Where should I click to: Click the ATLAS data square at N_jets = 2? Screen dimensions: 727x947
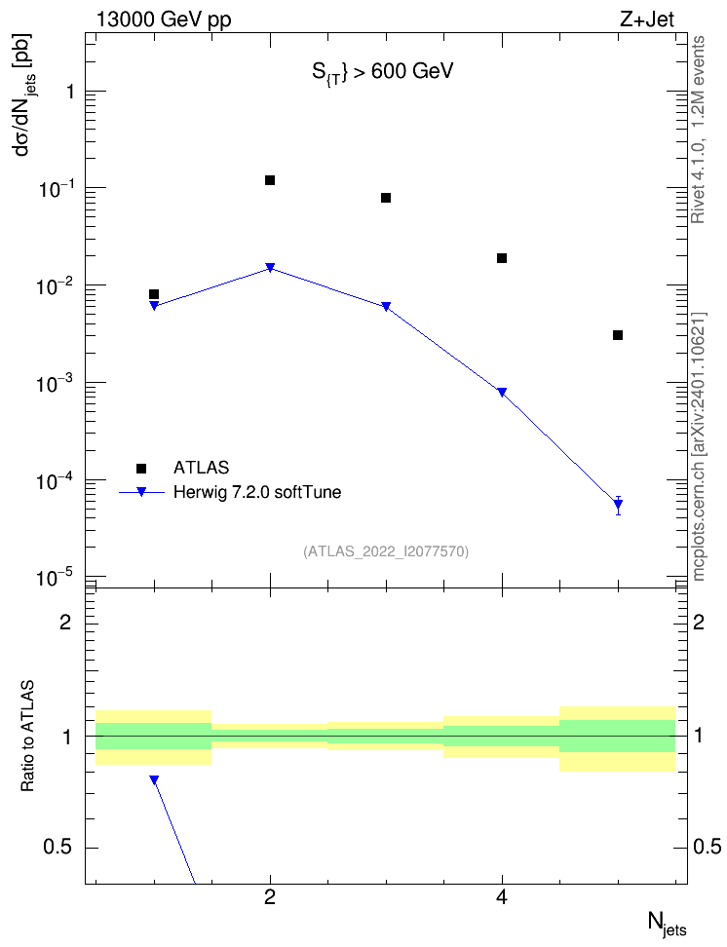click(270, 180)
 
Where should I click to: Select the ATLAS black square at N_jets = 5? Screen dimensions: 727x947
click(618, 335)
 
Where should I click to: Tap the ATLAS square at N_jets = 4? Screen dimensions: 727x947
click(502, 258)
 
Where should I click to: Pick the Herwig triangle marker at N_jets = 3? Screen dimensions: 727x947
click(386, 307)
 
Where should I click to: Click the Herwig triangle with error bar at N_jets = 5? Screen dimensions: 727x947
click(618, 505)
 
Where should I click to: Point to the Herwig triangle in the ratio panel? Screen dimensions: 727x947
click(154, 779)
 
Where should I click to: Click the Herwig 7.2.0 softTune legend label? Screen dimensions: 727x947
click(257, 492)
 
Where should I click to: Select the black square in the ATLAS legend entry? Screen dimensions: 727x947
click(141, 468)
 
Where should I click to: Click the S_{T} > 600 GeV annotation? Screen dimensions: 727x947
click(383, 72)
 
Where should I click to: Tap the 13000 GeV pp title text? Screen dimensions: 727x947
click(164, 19)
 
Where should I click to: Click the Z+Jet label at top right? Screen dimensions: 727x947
click(647, 19)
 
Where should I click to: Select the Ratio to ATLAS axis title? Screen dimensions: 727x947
click(27, 736)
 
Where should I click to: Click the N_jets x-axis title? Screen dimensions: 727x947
click(668, 924)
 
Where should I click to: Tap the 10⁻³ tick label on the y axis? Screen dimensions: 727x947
click(54, 382)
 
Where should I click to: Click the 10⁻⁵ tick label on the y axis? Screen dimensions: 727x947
click(54, 578)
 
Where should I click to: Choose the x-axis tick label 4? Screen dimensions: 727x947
click(502, 897)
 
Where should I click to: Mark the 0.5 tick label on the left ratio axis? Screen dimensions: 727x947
click(58, 848)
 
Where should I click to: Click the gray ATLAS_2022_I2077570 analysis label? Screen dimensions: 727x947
click(386, 551)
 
